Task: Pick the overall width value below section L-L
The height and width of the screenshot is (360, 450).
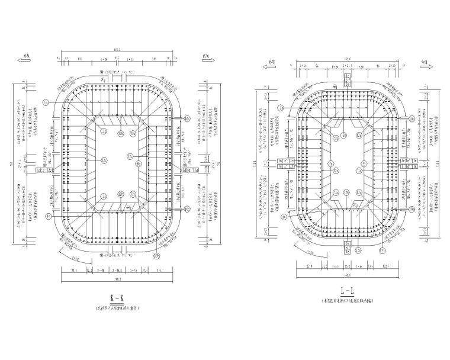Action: click(348, 275)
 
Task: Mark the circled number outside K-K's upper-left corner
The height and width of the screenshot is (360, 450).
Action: click(45, 102)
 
